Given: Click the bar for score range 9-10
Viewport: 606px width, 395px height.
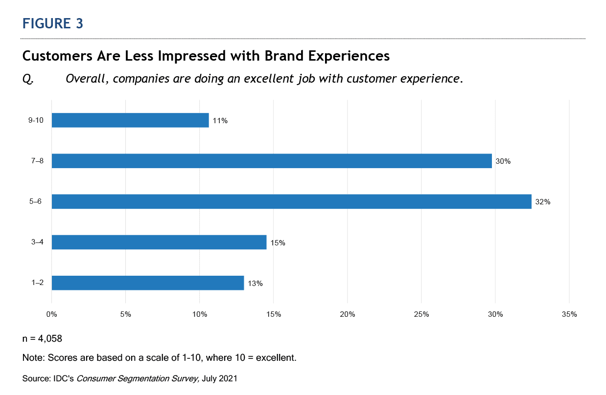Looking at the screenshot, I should (x=130, y=120).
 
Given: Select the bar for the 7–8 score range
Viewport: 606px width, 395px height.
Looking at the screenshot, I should (x=272, y=161).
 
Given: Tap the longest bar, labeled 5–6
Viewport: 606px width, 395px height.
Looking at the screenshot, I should (x=291, y=201).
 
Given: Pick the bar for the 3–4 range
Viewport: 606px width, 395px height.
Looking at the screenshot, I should (x=159, y=242).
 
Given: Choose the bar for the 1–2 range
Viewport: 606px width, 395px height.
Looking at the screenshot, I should (x=148, y=283).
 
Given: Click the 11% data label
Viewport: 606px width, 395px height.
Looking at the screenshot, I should (x=220, y=121).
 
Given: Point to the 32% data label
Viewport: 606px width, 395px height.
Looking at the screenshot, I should (x=543, y=202).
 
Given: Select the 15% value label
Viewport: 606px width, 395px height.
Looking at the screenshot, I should (x=278, y=242).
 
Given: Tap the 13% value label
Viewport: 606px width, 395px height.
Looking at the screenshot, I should (x=255, y=283).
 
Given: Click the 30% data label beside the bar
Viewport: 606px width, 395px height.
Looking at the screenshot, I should (x=503, y=161).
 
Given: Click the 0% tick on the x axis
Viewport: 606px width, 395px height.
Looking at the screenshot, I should (x=52, y=314).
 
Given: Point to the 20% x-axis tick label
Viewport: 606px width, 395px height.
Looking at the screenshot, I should (x=348, y=314).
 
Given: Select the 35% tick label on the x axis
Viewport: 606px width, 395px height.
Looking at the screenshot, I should (x=569, y=314).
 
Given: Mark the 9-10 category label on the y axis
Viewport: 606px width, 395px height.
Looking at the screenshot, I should (x=36, y=120).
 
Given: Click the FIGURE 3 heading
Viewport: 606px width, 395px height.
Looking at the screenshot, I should (x=53, y=24).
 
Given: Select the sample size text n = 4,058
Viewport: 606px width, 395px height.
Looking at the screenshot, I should (x=42, y=338).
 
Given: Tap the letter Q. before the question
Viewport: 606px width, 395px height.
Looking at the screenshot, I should (x=28, y=79).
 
